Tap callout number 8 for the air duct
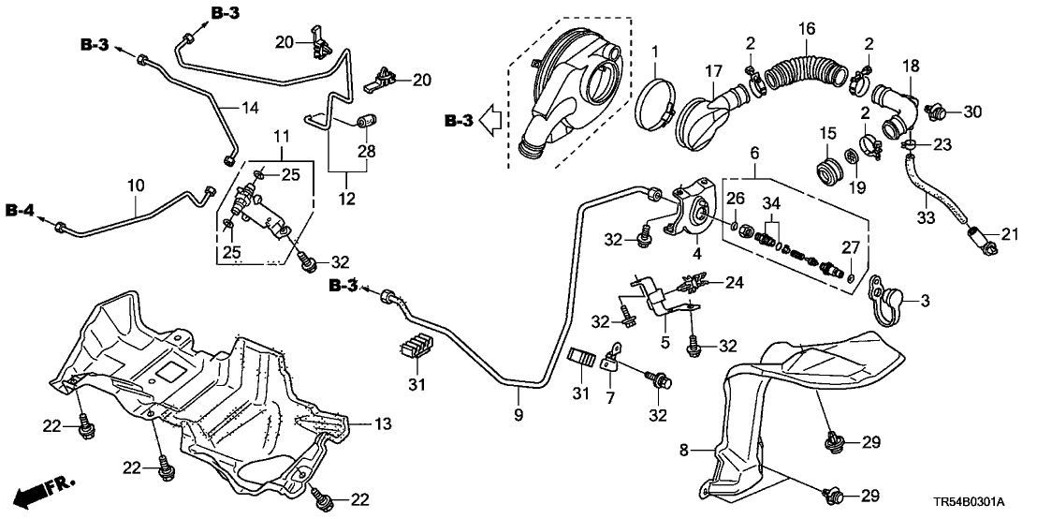pos(684,451)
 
